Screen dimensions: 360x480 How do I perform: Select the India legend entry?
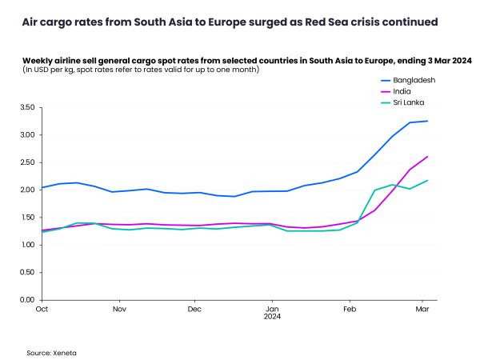click(399, 92)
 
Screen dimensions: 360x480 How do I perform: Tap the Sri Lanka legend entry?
click(404, 103)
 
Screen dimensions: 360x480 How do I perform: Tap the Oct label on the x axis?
click(42, 308)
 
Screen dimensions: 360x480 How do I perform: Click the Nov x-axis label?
click(119, 308)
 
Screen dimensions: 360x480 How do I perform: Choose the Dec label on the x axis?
click(194, 308)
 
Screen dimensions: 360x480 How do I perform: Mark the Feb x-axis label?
click(350, 308)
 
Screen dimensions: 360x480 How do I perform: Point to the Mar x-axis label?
click(423, 308)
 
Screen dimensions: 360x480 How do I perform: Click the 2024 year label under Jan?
click(273, 317)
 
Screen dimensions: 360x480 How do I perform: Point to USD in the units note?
click(41, 70)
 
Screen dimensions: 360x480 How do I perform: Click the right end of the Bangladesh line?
click(427, 121)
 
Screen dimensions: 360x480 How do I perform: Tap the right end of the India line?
click(427, 156)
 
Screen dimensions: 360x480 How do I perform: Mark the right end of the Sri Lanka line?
click(427, 180)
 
